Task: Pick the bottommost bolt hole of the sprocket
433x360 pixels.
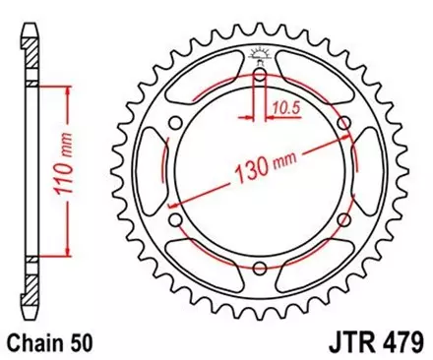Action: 259,270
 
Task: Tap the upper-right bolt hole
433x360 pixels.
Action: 343,122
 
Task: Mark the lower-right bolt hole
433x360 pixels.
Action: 343,220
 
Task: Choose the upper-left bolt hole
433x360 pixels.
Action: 174,123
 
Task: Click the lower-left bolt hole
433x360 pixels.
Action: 174,220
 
